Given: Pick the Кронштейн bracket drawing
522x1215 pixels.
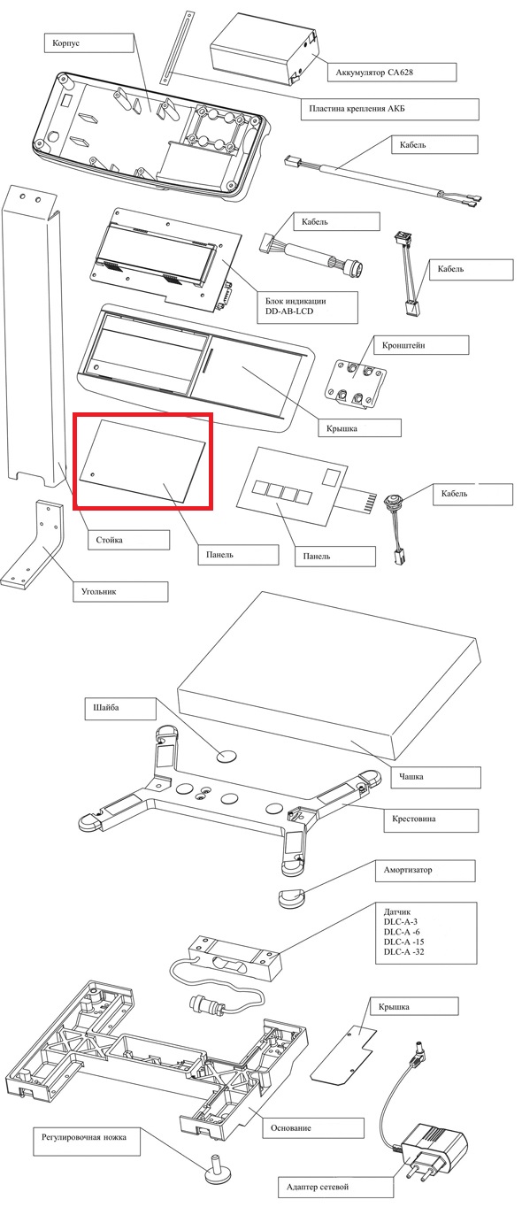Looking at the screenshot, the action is coord(356,384).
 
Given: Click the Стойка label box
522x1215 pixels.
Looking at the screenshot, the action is coord(128,540).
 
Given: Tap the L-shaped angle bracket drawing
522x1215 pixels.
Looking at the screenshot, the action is coord(33,546).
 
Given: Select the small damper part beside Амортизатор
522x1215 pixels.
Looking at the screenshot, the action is coord(292,897).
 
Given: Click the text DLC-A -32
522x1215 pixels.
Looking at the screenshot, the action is coord(403,951).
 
